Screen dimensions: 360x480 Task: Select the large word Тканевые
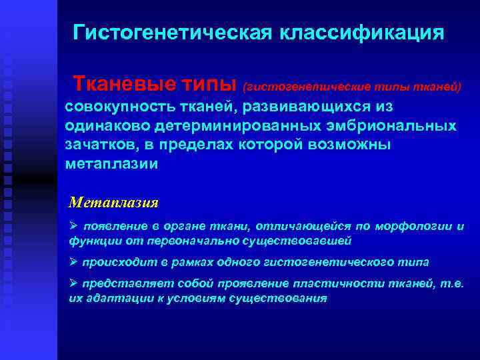click(x=127, y=85)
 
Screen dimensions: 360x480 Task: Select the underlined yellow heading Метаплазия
click(x=114, y=202)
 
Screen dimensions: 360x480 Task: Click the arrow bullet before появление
click(x=74, y=227)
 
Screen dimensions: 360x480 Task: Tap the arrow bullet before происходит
click(x=74, y=262)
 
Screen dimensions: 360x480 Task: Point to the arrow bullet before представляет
click(x=74, y=285)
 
